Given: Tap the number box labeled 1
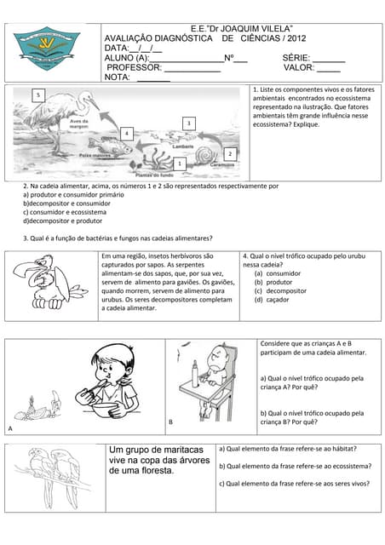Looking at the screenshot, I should pyautogui.click(x=180, y=163).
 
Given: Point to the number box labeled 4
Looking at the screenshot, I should pyautogui.click(x=125, y=134).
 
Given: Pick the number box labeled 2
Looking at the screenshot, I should pyautogui.click(x=230, y=153).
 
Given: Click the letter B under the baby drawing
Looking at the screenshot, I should pyautogui.click(x=170, y=422).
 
